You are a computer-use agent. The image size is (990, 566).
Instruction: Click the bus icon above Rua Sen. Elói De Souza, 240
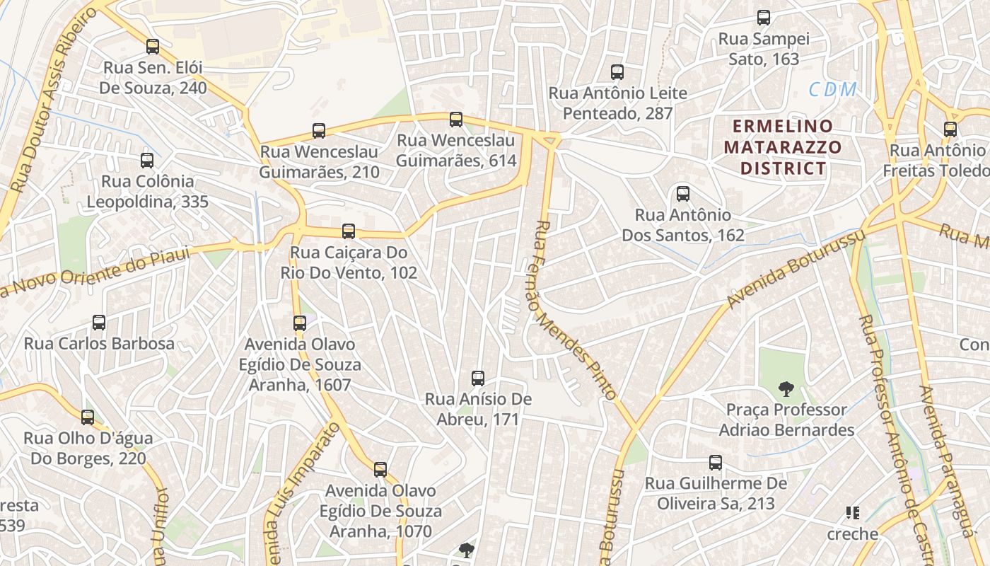coord(153,47)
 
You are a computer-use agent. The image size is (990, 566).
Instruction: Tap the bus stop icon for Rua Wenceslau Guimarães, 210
coord(319,130)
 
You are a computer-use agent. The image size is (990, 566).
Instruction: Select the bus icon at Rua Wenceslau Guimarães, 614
coord(456,119)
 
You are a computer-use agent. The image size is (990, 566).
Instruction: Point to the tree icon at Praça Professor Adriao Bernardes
coord(786,388)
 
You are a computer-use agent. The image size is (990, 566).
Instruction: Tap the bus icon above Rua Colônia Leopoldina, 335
coord(147,160)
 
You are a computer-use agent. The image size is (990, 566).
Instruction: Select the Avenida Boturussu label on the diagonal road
coord(796,269)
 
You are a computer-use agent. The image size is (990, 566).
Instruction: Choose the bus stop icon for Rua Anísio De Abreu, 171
coord(478,378)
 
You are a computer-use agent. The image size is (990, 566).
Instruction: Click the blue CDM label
coord(833,90)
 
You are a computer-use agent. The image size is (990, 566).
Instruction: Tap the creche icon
coord(853,513)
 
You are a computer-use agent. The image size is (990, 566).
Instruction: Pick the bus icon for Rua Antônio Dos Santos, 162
coord(683,193)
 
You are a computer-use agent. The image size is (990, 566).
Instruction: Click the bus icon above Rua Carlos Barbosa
coord(99,323)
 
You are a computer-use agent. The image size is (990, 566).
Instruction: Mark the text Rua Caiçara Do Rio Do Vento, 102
coord(349,262)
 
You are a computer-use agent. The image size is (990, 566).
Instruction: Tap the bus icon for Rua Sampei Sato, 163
coord(764,18)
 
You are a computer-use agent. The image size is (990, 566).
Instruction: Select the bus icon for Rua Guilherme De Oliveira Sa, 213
coord(716,463)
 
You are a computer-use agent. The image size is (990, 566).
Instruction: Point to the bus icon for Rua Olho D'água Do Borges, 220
coord(88,417)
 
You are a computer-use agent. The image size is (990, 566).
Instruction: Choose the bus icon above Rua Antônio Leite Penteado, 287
coord(617,71)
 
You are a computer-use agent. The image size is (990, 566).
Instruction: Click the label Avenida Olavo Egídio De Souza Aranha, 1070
coord(380,511)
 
